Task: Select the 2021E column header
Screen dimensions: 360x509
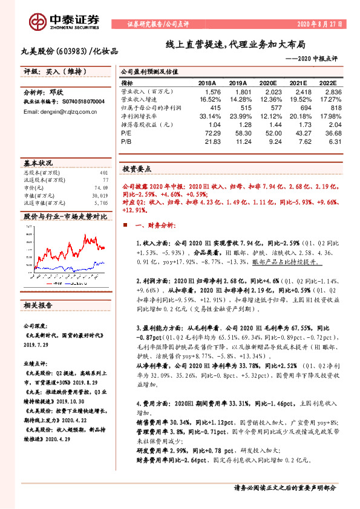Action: (x=302, y=83)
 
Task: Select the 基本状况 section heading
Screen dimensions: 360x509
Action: (x=38, y=164)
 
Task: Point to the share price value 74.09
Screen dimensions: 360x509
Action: (x=100, y=189)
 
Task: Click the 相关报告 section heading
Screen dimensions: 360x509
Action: (x=38, y=304)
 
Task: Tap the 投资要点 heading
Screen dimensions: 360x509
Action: (x=137, y=169)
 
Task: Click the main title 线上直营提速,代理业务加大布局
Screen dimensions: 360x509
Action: (x=236, y=45)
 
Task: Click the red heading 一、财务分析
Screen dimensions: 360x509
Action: (x=154, y=225)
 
